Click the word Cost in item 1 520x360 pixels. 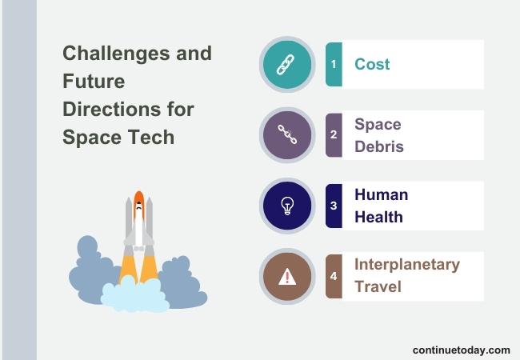[372, 64]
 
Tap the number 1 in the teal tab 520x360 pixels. [334, 64]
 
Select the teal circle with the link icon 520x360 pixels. [287, 64]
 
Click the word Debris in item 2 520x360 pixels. [379, 146]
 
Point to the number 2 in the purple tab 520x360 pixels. [334, 135]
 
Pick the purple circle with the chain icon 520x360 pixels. [287, 134]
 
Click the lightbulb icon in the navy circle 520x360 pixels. [287, 206]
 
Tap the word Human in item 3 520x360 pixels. [381, 194]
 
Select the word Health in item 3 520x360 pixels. [378, 217]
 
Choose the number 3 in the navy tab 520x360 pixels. [334, 206]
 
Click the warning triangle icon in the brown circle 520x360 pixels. [287, 277]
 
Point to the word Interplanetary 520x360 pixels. [407, 265]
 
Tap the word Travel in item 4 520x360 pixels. [378, 286]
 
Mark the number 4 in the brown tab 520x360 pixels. [334, 277]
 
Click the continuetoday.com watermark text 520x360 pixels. [461, 350]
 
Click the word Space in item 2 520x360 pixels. [378, 125]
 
